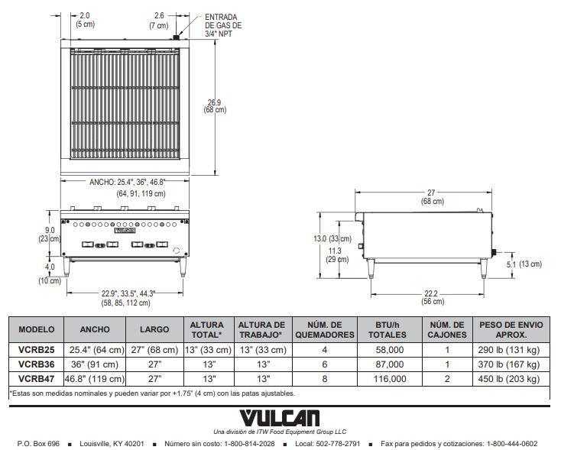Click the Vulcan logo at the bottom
pos(280,418)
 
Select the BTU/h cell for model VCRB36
pos(390,364)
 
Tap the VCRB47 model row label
pos(36,379)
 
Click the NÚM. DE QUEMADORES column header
pos(325,329)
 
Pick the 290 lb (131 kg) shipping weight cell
pos(508,349)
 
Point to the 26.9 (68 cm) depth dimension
pos(215,106)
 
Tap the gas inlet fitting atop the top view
pos(176,37)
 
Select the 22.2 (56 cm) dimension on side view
pos(432,297)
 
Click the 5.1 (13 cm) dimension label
pos(524,264)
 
